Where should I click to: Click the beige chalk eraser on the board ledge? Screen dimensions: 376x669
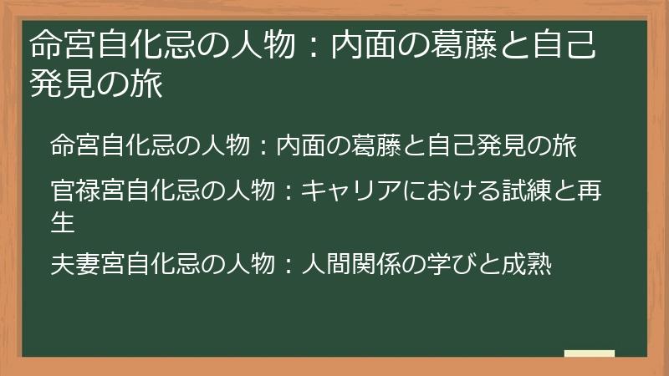(590, 354)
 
